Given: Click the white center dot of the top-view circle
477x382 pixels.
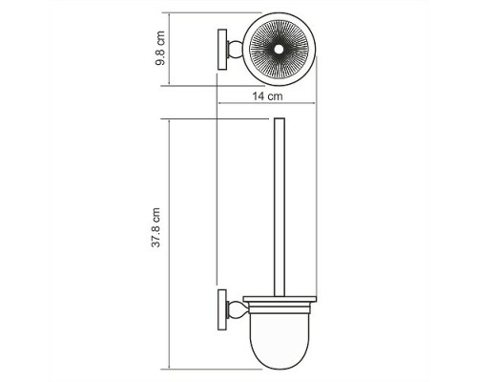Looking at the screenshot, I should (280, 50).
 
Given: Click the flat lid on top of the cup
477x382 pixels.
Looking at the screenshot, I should (280, 304).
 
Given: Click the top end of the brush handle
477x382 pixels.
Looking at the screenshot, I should (280, 121).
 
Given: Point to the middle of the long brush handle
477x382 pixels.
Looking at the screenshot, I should (280, 210).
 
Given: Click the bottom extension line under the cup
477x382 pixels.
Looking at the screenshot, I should (219, 367).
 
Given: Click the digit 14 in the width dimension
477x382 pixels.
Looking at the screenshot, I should (260, 98).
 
